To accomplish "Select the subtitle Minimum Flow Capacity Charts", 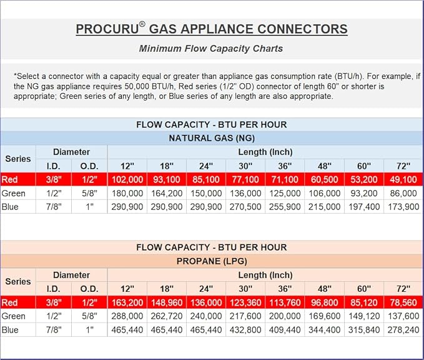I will [211, 48].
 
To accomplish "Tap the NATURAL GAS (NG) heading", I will [212, 138].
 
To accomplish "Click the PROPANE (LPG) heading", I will [212, 261].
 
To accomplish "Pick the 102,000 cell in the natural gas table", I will [127, 180].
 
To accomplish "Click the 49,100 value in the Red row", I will [403, 180].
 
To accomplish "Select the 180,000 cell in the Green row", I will [127, 194].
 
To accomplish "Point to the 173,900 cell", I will [403, 207].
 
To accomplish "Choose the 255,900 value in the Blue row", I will [285, 207].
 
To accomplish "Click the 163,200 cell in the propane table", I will [127, 303].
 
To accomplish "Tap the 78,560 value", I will [403, 303].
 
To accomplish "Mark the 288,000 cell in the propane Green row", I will [127, 316].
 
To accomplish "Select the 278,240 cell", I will [403, 329].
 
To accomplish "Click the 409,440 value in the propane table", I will [285, 329].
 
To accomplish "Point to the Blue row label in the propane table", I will [10, 329].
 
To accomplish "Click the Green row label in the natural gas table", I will [13, 194].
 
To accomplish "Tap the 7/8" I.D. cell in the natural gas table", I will [53, 207].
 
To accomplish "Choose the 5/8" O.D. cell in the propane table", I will [89, 316].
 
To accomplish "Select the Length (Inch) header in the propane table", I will [265, 275].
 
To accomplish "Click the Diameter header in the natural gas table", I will [71, 152].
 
